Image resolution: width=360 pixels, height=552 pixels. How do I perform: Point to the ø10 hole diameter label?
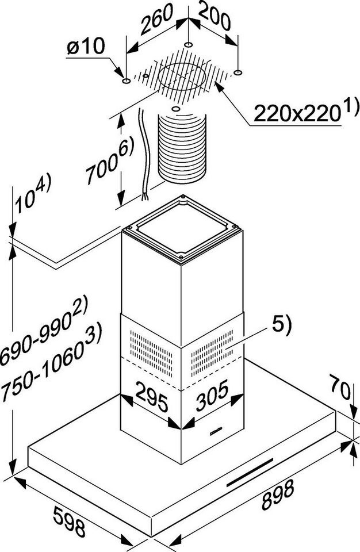(x=85, y=48)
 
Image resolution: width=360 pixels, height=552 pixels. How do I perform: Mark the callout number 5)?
(x=282, y=327)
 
